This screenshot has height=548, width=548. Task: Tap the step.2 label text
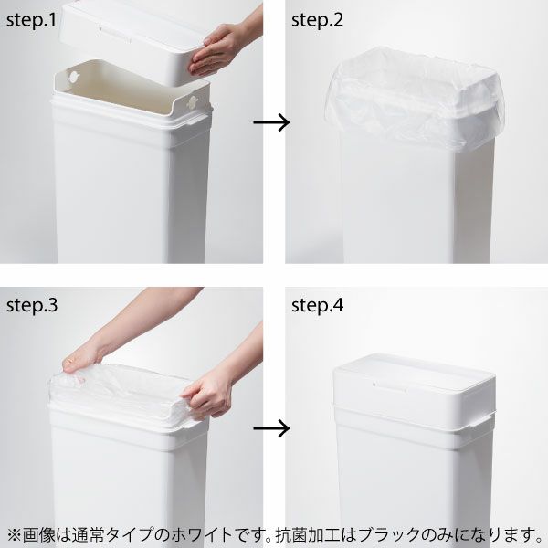318,19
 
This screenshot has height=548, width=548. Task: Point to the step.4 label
318,304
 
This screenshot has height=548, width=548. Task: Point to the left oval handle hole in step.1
72,73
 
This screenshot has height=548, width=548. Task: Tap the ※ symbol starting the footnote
15,532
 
